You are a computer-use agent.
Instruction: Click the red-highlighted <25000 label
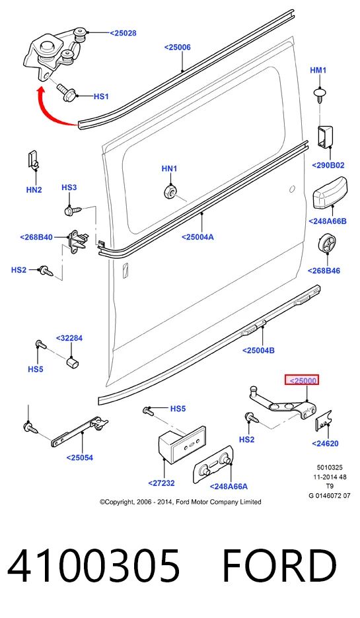pos(302,380)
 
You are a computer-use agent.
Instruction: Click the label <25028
pos(123,33)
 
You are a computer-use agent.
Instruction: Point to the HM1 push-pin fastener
pos(320,96)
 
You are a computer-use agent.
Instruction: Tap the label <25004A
pos(198,237)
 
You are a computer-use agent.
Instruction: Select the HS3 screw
pos(73,210)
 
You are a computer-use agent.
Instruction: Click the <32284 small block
pos(72,362)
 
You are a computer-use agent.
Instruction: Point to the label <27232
pos(161,483)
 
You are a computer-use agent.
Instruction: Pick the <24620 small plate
pos(323,421)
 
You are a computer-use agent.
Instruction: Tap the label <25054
pos(80,458)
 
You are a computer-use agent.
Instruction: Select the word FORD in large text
pos(279,566)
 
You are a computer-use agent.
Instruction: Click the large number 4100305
pos(94,566)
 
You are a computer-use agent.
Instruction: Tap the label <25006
pos(178,48)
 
